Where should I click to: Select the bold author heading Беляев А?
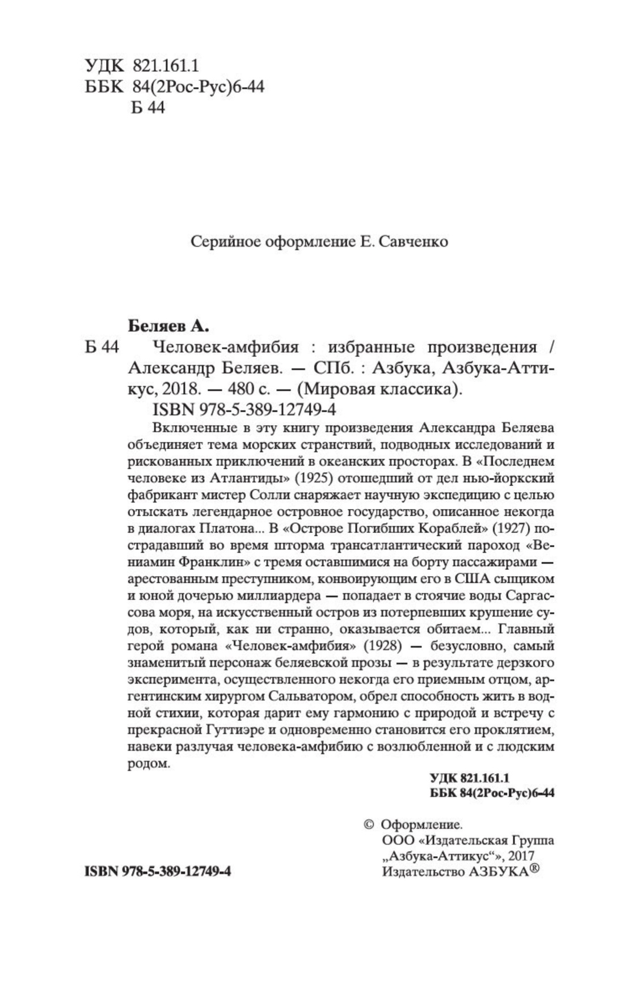click(x=168, y=326)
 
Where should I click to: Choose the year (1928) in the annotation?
click(x=382, y=646)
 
